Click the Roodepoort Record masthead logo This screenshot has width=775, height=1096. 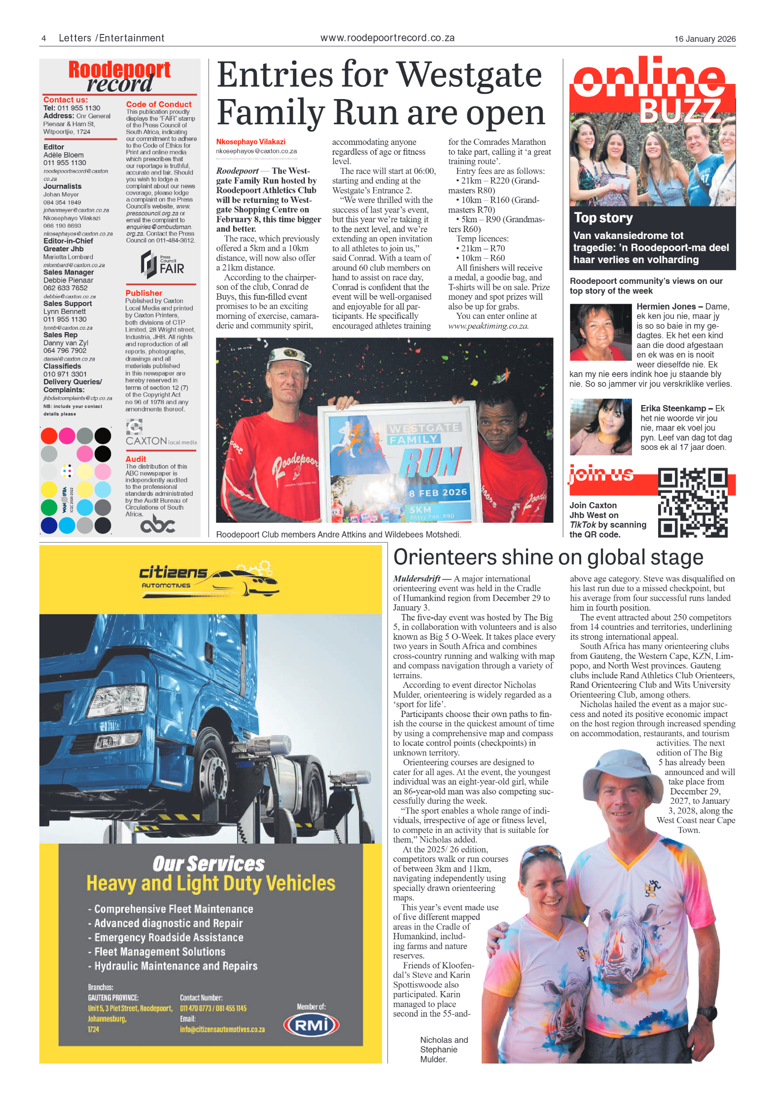tap(119, 76)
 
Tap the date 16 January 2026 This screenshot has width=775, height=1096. tap(705, 39)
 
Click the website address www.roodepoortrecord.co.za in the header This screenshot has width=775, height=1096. tap(387, 38)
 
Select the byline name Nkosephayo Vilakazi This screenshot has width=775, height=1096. tap(250, 141)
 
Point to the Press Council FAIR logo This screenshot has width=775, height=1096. tap(162, 264)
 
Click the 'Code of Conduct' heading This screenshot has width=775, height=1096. tap(158, 104)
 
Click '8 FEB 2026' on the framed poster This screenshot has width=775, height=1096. tap(437, 492)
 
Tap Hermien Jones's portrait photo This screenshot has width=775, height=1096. tap(600, 332)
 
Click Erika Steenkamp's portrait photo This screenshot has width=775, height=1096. tap(600, 427)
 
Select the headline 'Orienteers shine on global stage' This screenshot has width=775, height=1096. tap(548, 557)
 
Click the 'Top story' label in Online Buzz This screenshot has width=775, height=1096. tap(603, 218)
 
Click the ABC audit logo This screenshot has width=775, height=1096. tap(158, 524)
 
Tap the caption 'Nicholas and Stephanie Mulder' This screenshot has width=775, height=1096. tap(443, 1049)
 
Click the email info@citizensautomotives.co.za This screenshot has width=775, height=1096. tap(222, 1029)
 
